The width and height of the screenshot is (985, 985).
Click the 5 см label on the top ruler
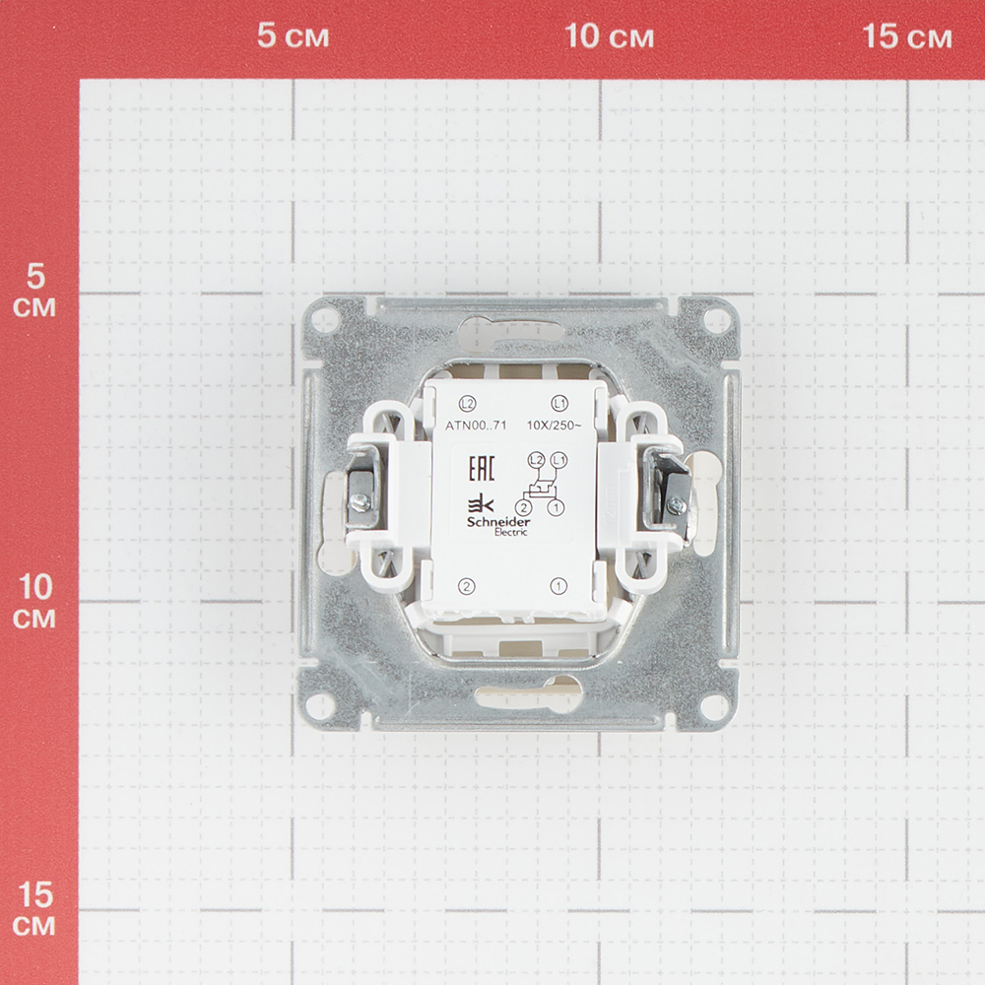[x=293, y=35]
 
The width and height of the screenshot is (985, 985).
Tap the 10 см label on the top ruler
[x=610, y=35]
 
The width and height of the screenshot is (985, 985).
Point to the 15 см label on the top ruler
[x=907, y=35]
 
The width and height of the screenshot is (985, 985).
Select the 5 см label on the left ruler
[x=34, y=291]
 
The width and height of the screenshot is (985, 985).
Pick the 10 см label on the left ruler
[x=34, y=602]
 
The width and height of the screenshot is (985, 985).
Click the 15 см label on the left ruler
[x=34, y=909]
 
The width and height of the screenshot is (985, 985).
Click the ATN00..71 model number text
[x=476, y=426]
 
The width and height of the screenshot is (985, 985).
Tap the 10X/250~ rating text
[x=554, y=426]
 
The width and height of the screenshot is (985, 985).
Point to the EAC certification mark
[x=482, y=467]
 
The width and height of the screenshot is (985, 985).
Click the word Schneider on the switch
[x=498, y=522]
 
